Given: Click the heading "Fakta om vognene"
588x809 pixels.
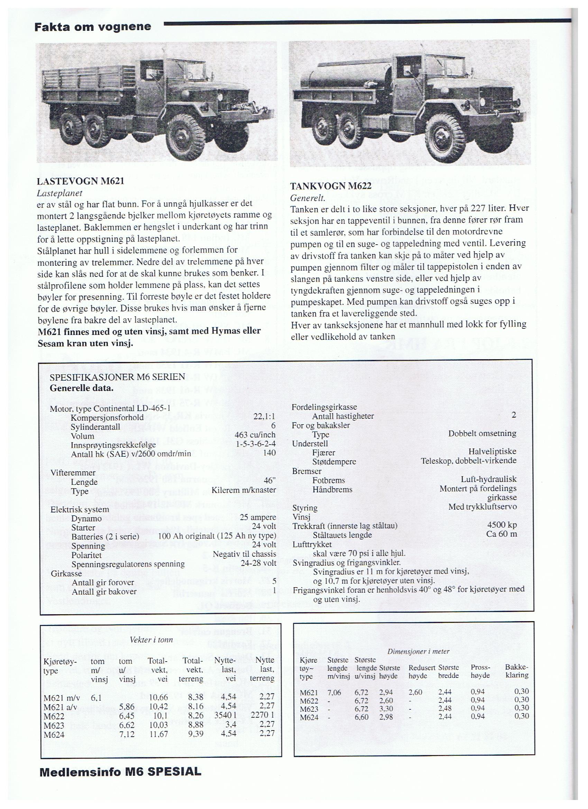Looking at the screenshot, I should coord(93,27).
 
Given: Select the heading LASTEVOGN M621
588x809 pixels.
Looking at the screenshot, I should coord(81,181).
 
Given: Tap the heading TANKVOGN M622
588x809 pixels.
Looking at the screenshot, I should coord(331,186).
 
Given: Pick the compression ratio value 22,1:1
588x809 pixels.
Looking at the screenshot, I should coord(264,417).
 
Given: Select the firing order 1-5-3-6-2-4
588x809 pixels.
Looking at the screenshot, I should coord(256,444).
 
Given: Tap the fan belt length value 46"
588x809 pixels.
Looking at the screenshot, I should coord(269,480).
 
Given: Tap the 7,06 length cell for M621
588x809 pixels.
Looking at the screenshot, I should coord(334,692).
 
